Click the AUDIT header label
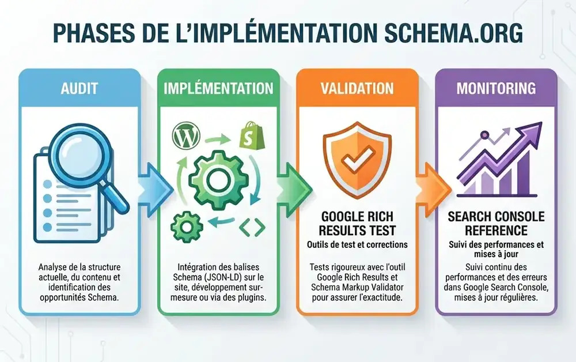79,89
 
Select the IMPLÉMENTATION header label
218,89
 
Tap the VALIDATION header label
358,89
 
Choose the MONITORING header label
496,89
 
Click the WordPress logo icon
183,137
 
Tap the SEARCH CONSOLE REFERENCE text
496,224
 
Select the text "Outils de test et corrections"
358,244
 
